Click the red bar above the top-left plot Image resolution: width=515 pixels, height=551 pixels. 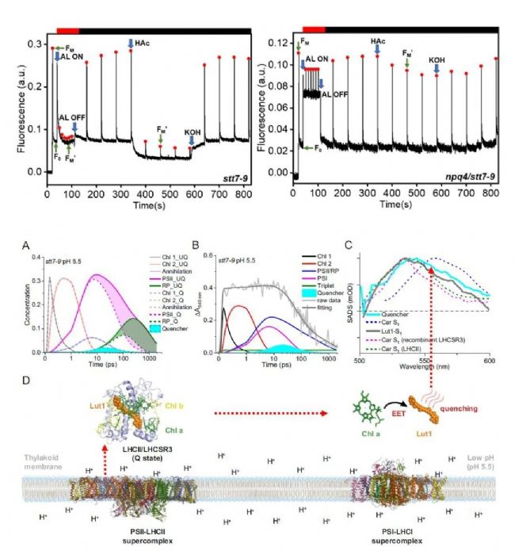coord(67,29)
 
